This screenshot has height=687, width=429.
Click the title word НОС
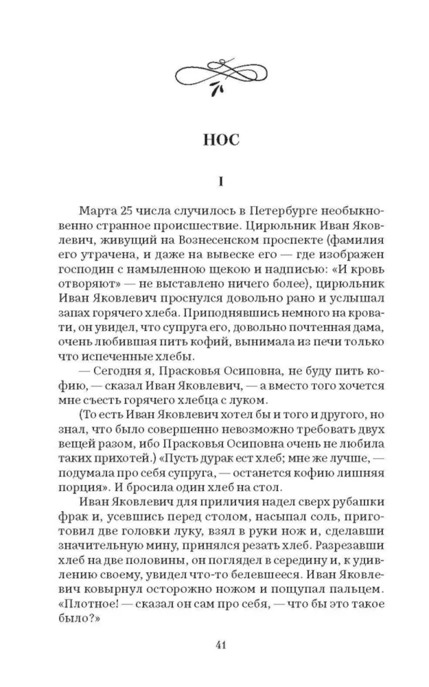click(221, 140)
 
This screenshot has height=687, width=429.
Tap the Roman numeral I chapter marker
click(221, 182)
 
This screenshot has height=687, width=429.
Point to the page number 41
click(221, 644)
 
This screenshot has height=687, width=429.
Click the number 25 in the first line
click(126, 211)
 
